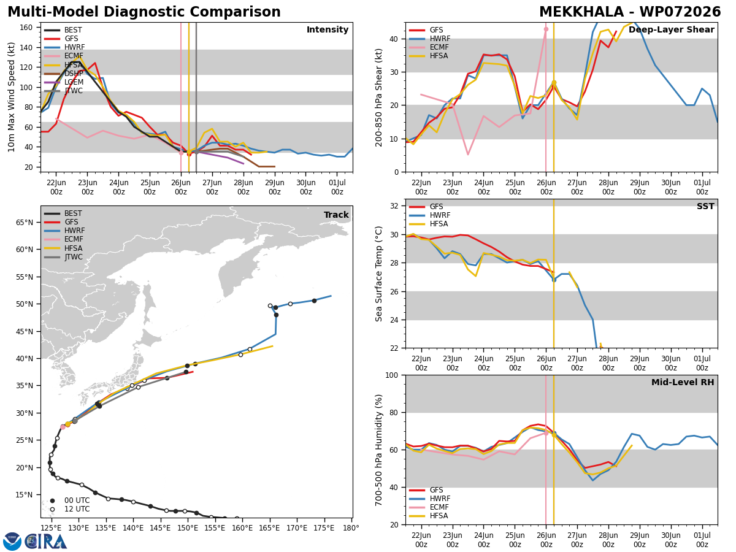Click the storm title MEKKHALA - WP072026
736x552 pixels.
pos(630,12)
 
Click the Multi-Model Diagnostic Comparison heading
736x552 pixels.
pos(144,12)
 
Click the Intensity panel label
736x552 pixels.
pos(328,30)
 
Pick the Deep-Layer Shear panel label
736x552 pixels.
pos(671,30)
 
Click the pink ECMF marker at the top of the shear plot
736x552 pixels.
pos(546,29)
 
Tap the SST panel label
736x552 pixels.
pos(705,206)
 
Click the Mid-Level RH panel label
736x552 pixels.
pos(683,382)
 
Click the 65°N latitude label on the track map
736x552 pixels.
pos(25,223)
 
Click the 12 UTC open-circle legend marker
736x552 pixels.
pos(52,510)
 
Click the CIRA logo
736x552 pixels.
pos(35,542)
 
